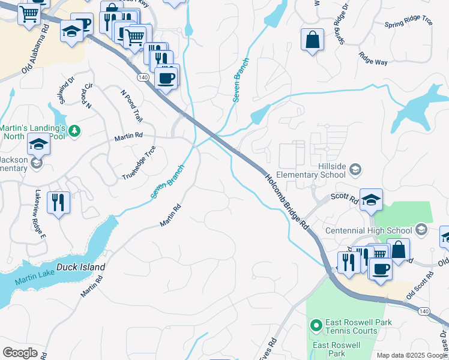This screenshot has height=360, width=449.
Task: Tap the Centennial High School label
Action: coord(369,230)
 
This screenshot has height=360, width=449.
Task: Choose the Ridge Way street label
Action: coord(373,58)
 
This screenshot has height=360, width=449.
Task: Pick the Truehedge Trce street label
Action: coord(139,163)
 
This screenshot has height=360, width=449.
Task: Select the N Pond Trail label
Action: coord(131,106)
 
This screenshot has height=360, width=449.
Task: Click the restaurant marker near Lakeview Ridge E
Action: coord(58,202)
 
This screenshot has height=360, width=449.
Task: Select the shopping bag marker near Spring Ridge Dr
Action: coord(312,40)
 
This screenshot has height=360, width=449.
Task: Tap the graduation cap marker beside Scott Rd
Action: coord(371,200)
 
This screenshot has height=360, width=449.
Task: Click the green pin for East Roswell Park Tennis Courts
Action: coord(316,326)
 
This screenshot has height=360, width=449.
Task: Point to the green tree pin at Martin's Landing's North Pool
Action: coord(74,130)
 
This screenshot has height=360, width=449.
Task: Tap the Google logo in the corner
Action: coord(20,353)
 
